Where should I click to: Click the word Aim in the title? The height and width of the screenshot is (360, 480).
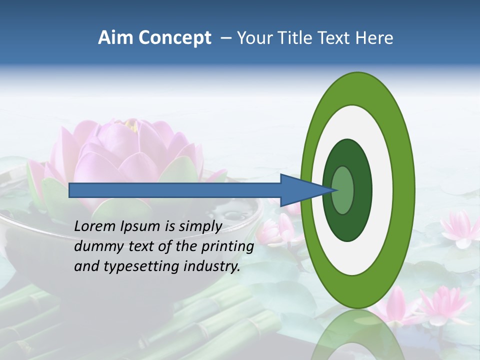point(115,38)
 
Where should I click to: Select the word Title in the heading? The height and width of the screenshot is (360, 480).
point(295,38)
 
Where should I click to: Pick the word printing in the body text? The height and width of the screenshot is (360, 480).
point(227,247)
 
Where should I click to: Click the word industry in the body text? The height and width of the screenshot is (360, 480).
point(210,266)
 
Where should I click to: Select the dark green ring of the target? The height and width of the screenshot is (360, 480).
point(362,190)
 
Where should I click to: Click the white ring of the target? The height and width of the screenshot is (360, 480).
point(382,190)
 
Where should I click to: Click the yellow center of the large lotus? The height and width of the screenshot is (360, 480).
point(131,125)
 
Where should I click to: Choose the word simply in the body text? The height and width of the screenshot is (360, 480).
point(199,227)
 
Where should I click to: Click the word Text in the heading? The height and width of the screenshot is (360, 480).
point(335,38)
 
